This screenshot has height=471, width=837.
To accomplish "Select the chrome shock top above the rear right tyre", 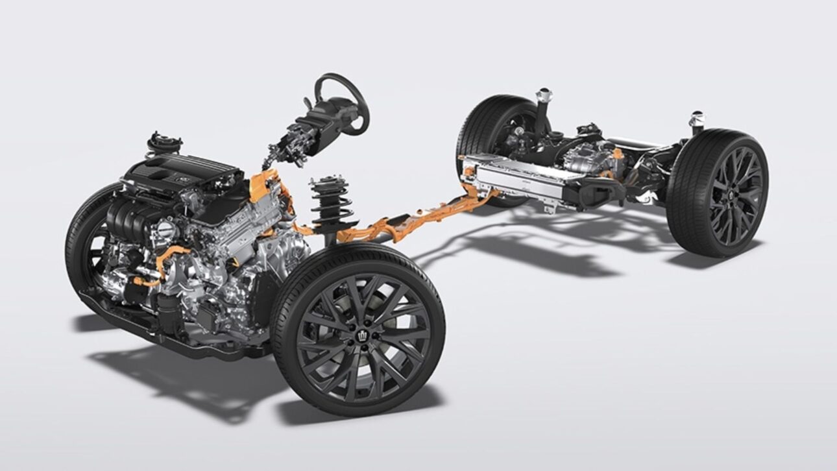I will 697,120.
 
